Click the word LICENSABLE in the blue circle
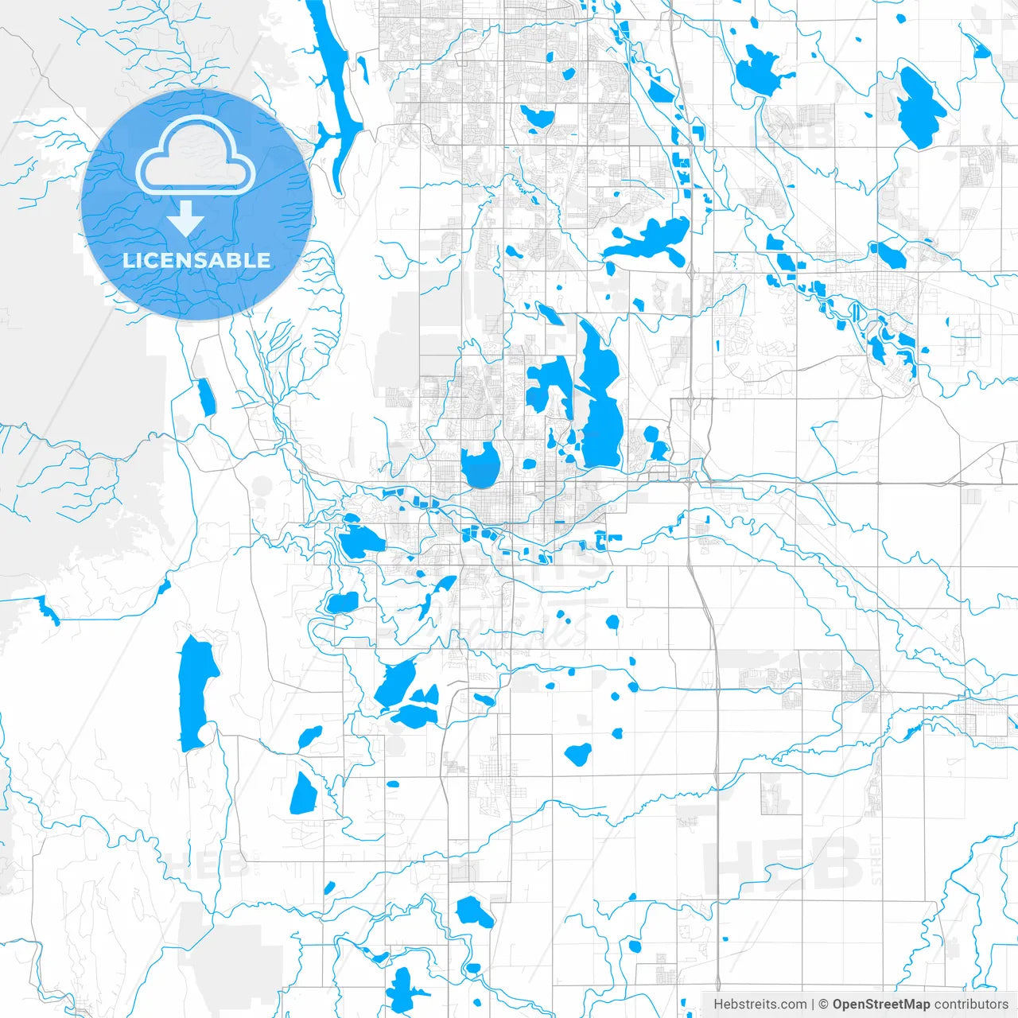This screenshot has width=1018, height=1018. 196,260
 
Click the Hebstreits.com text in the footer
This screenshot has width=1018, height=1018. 760,1004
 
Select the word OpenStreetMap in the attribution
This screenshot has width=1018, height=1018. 881,1004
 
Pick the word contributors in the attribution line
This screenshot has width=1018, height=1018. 971,1004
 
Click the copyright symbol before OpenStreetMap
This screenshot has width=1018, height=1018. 824,1004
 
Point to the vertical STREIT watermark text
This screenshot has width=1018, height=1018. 876,859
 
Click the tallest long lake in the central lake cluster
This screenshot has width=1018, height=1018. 600,398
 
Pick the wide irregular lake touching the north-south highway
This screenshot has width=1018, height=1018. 652,239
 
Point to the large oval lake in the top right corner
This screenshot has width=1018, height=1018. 921,107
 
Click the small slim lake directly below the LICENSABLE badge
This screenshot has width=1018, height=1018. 206,396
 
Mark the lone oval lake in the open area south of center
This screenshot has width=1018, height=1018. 578,754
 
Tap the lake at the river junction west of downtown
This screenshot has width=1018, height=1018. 360,541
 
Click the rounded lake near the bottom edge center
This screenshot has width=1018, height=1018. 475,911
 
